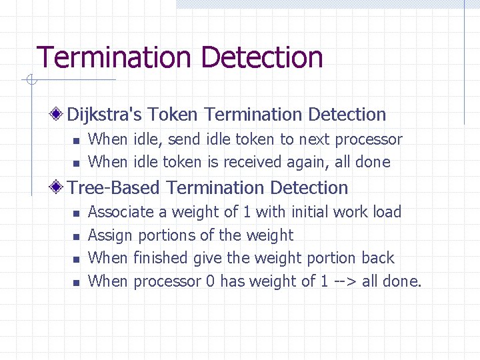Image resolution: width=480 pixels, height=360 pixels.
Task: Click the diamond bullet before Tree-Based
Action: [59, 188]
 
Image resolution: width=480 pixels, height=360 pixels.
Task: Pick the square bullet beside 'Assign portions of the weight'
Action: [76, 237]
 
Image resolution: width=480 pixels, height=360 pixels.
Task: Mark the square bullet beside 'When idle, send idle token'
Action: [76, 141]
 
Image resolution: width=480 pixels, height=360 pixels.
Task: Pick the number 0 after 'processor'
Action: [209, 281]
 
